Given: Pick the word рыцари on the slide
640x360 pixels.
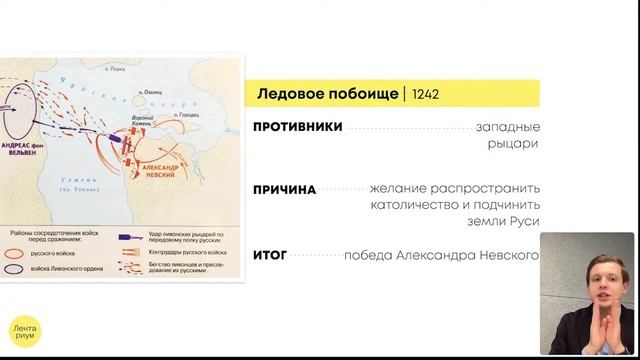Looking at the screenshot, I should point(519,144).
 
